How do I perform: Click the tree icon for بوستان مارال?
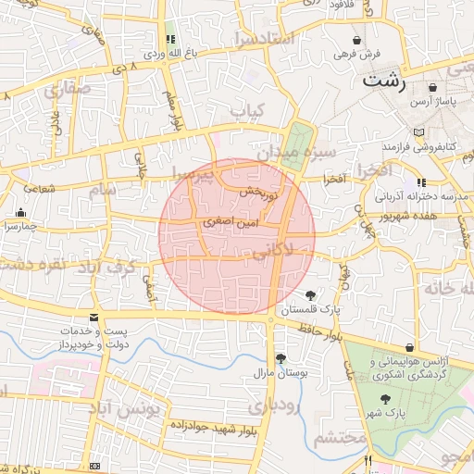[x=281, y=358]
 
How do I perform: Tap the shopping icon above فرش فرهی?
[x=358, y=41]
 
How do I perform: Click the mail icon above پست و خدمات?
[x=94, y=318]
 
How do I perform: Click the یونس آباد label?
[x=127, y=408]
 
